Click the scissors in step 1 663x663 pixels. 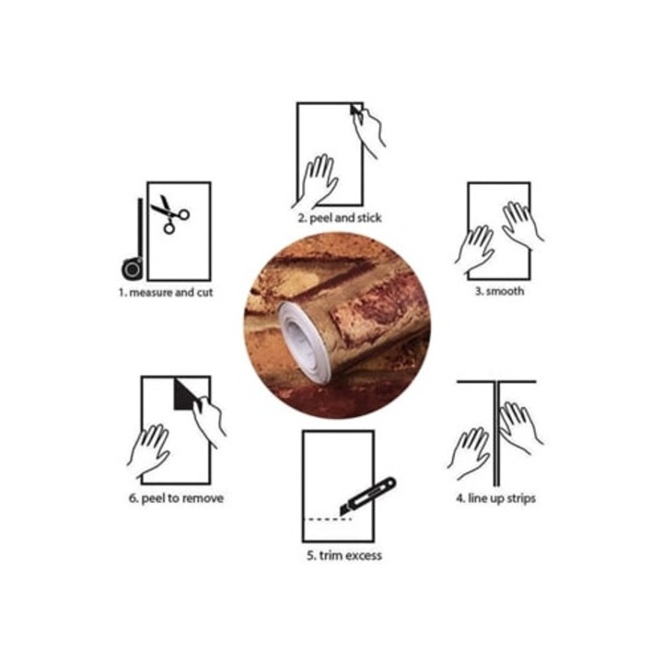[170, 214]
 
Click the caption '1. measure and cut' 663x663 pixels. [166, 293]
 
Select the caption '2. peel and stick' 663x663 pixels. [340, 218]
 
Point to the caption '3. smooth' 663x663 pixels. [499, 291]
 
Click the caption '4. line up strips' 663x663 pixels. [495, 498]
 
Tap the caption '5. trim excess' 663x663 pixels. [344, 555]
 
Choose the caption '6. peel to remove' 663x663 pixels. [176, 498]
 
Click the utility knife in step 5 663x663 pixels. [367, 496]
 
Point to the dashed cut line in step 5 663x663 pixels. [328, 518]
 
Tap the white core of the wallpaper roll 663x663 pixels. [304, 343]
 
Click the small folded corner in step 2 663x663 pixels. [355, 110]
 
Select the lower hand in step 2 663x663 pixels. [316, 181]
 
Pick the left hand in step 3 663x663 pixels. [475, 250]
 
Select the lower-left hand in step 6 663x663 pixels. [149, 450]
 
